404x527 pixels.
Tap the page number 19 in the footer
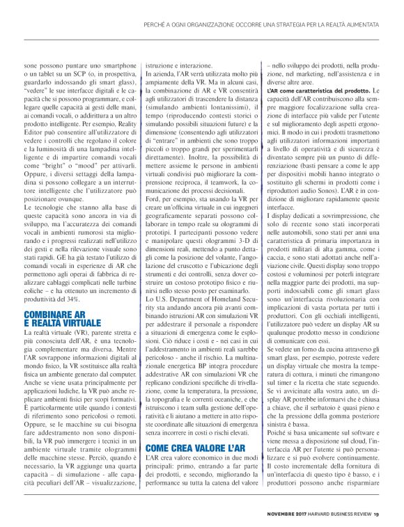[376, 514]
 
